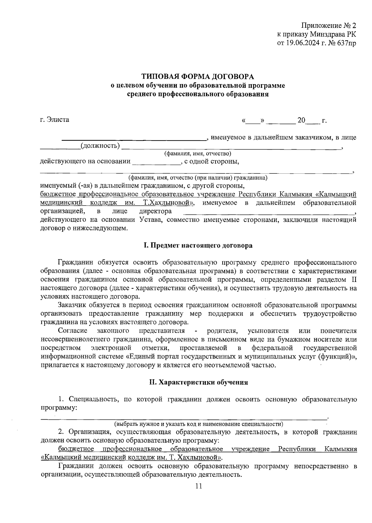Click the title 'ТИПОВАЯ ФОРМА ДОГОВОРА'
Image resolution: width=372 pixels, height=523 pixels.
click(198, 76)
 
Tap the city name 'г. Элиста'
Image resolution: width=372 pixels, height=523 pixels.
click(55, 120)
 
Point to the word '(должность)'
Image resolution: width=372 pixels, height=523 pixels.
click(100, 146)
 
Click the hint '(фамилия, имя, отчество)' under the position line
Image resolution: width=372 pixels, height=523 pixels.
click(198, 154)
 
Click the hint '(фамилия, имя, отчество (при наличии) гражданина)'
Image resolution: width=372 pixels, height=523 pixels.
click(198, 178)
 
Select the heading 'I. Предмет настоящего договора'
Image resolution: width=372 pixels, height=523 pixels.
click(198, 246)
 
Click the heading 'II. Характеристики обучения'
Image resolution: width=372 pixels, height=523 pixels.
click(198, 382)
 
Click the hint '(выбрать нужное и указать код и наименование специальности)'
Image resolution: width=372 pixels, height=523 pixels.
click(198, 424)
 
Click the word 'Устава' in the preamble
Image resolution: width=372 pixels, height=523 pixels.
click(150, 220)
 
